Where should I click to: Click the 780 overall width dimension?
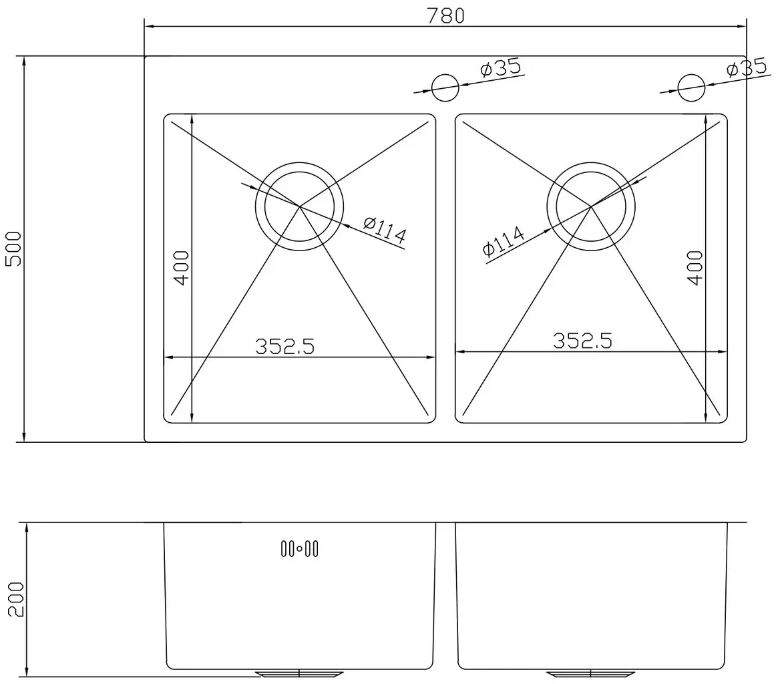[445, 16]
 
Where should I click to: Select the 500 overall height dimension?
[13, 249]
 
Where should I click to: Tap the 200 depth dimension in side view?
[16, 599]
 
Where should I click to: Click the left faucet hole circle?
[445, 88]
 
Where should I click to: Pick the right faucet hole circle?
[691, 88]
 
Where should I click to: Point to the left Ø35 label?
[501, 68]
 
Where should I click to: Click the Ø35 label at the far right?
[747, 68]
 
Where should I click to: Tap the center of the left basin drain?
[299, 206]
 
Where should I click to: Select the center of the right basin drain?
[590, 206]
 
